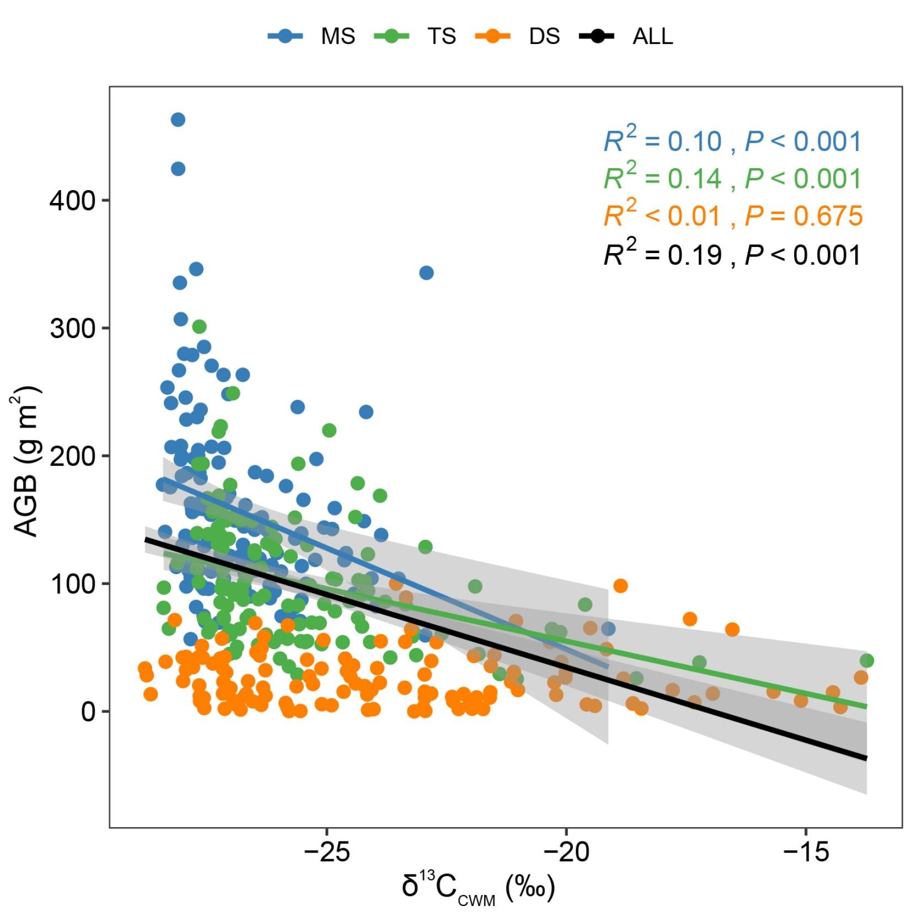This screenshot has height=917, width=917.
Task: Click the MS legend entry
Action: coord(312,36)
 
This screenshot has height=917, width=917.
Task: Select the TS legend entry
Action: coord(415,36)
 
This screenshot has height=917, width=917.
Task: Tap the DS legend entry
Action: coord(517,36)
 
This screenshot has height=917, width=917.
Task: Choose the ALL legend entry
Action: coord(626,36)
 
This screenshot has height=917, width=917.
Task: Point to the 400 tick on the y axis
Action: coord(73,200)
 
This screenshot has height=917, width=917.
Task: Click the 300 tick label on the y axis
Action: coord(73,329)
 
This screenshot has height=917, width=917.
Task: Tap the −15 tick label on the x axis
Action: coord(806,852)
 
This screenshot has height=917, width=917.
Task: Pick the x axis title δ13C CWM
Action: coord(478,888)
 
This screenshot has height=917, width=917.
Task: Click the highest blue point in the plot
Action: coord(178,120)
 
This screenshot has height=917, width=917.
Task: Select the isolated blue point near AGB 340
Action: coord(426,272)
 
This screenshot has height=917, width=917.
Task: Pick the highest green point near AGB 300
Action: coord(199,326)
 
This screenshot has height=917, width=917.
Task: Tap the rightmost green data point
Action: coord(866,661)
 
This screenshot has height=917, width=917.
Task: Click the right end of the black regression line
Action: coord(866,758)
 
